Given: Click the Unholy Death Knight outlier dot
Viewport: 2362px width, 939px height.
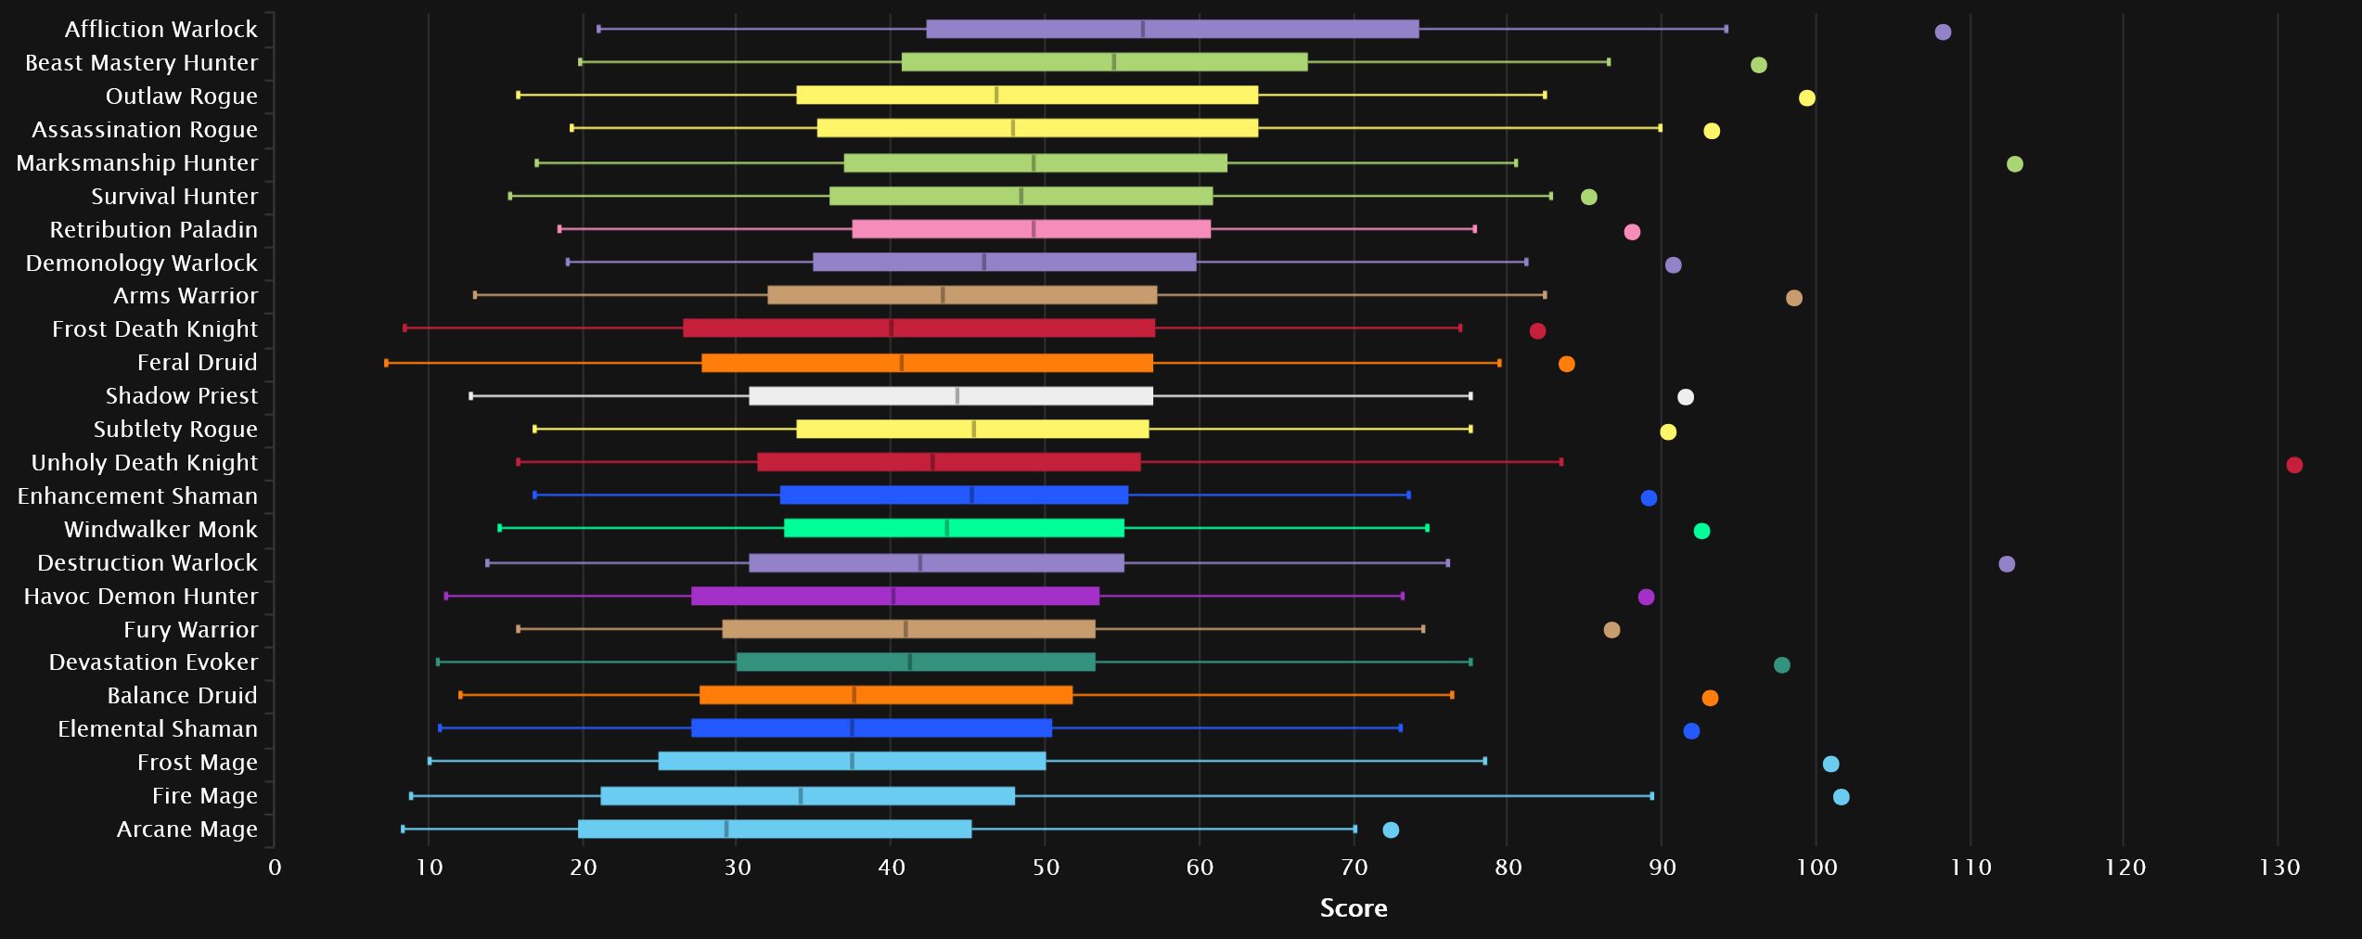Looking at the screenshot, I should coord(2293,465).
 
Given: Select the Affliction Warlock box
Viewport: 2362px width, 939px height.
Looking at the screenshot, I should coord(1172,29).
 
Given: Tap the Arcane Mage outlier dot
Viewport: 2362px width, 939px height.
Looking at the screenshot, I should coord(1390,830).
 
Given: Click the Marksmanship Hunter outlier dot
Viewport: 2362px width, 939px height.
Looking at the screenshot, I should coord(2014,164).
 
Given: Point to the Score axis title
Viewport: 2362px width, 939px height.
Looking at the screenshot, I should coord(1353,907).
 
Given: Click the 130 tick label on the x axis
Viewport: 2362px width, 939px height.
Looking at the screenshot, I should coord(2279,868).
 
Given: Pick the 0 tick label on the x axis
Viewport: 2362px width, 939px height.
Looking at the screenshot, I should coord(275,868).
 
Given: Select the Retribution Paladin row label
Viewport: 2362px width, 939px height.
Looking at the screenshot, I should coord(153,229).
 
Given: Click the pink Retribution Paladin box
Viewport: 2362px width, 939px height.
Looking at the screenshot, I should coord(1031,229).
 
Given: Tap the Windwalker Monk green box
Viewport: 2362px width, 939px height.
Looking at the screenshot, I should coord(954,528).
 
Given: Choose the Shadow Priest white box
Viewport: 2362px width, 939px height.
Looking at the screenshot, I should coord(950,396).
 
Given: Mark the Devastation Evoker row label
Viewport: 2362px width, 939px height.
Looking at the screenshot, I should coord(153,662).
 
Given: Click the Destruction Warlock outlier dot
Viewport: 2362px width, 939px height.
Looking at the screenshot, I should coord(2006,564).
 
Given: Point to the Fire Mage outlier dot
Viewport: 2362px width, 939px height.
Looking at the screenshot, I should coord(1841,797).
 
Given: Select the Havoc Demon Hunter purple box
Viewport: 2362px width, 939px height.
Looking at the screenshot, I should coord(894,596).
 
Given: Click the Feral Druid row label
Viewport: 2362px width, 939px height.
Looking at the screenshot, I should coord(197,362).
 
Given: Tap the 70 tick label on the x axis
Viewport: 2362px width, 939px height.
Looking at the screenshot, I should coord(1354,868).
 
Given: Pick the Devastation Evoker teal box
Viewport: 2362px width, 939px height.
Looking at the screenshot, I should coord(915,662).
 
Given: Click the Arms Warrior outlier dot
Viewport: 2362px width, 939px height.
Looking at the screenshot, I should coord(1793,298).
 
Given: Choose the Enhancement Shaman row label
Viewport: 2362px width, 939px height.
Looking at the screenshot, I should coord(137,495).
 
